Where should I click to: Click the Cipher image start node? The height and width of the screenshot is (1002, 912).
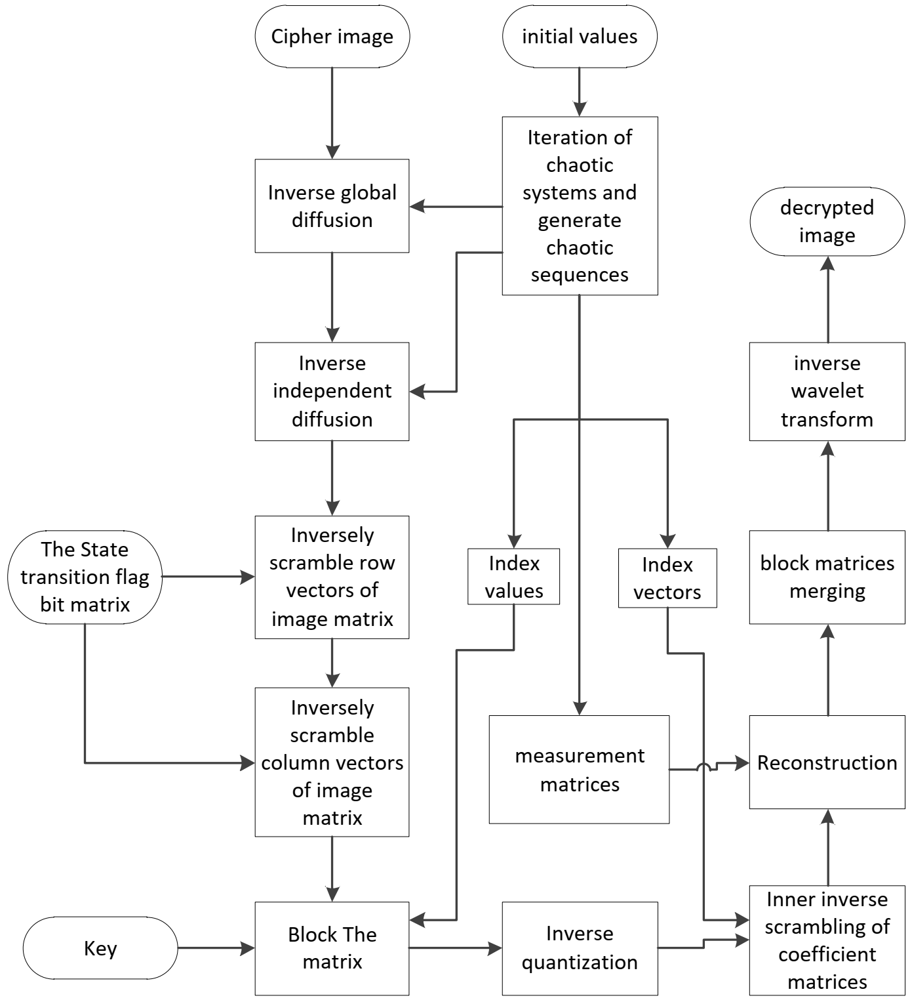(332, 37)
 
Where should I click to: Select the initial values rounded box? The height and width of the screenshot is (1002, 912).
(579, 37)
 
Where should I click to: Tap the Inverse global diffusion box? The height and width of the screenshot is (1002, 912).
(332, 206)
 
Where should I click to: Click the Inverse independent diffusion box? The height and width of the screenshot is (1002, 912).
(332, 391)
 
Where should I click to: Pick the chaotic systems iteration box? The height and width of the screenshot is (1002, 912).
(580, 206)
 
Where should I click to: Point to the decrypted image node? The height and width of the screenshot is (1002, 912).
(827, 222)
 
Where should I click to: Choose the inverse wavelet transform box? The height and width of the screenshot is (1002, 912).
(827, 391)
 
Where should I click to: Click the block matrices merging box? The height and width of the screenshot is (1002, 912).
(827, 577)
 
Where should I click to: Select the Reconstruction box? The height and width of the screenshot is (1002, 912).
(827, 762)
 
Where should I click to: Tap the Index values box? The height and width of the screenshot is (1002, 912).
(513, 577)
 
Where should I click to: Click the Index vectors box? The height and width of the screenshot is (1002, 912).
(667, 578)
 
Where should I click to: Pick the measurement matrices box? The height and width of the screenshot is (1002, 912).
(579, 770)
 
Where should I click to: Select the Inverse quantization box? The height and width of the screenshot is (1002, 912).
(580, 948)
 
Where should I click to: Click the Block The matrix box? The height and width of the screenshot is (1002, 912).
(332, 948)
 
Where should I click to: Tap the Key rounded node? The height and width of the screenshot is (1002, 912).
(100, 948)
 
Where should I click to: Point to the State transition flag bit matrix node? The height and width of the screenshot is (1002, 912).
(85, 577)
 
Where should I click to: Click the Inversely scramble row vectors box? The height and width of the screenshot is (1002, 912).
(332, 577)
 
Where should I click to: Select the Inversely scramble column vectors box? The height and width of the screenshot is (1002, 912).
(332, 762)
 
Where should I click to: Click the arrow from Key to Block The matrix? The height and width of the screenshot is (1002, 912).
(216, 948)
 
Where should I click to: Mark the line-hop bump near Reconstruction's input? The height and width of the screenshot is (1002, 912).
(704, 766)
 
